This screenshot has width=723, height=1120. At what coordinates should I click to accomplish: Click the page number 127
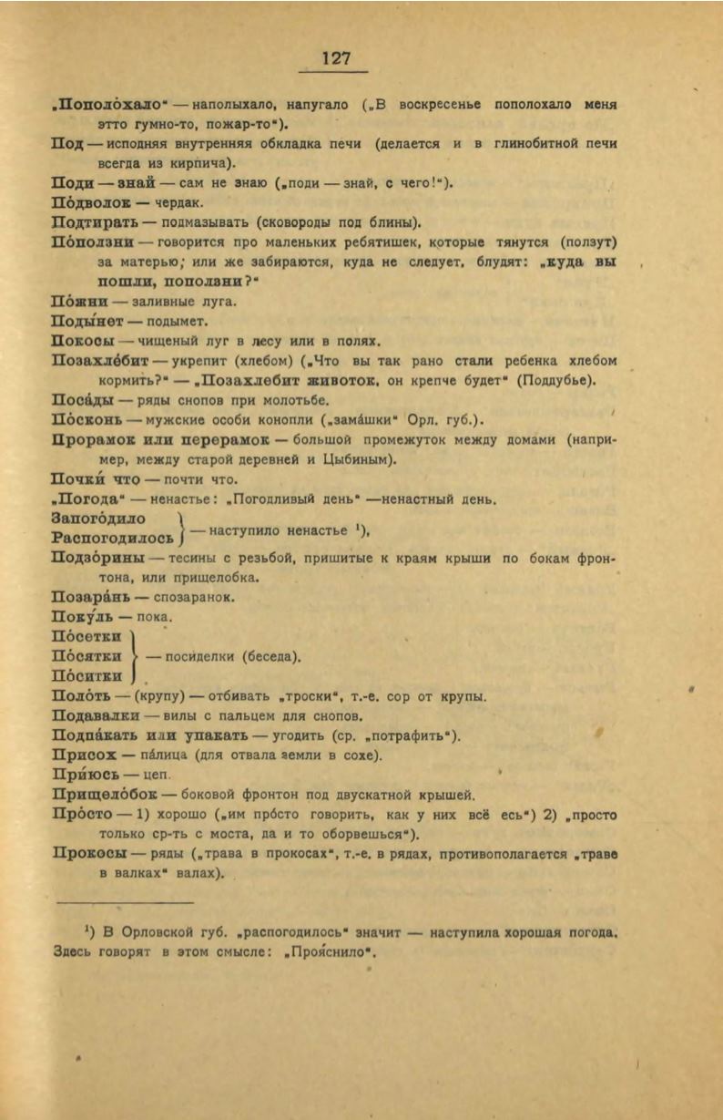pos(336,58)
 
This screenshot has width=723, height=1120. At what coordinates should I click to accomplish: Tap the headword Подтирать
pos(97,222)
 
